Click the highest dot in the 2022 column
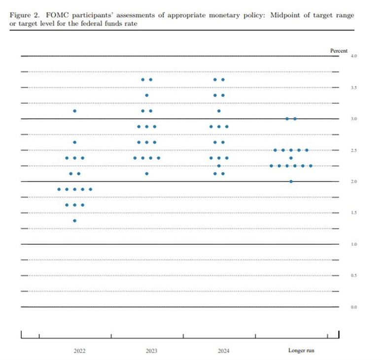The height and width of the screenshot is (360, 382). tap(74, 111)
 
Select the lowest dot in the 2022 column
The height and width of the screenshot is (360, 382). tap(74, 221)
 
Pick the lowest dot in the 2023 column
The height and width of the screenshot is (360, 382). tap(147, 174)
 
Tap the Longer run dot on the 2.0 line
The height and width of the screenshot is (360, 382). tap(291, 182)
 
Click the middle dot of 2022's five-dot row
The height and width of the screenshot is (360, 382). tap(74, 189)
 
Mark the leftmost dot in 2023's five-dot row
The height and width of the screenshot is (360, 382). tap(135, 158)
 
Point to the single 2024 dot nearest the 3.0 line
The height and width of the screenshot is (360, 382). tap(219, 111)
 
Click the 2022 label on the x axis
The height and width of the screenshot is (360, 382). tap(79, 351)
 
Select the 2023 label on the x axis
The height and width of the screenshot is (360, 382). tap(151, 351)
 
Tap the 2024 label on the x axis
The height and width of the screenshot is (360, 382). tap(223, 351)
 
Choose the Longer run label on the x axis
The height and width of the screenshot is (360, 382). tap(301, 351)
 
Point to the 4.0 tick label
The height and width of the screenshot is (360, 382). tap(353, 57)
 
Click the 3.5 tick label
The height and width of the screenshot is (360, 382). tap(353, 88)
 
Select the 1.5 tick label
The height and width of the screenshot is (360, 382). tap(353, 213)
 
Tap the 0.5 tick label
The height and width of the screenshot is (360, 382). tap(353, 275)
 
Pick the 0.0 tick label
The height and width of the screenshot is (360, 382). tap(353, 307)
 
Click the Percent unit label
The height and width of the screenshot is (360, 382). tap(339, 50)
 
